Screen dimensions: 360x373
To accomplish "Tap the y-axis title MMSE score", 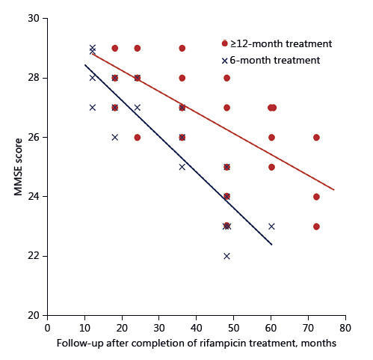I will (18, 167).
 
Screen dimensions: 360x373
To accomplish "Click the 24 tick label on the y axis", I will (34, 197).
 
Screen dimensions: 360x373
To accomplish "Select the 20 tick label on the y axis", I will (34, 316).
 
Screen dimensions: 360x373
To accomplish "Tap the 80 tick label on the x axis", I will (345, 328).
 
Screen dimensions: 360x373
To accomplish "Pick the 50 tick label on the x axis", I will (234, 328).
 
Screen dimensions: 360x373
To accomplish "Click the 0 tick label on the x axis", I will (48, 328).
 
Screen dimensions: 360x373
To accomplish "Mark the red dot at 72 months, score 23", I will (316, 226).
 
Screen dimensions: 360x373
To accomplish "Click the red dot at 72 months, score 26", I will (316, 137).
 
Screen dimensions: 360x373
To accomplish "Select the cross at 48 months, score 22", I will (226, 256).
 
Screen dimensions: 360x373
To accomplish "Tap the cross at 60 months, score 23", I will (271, 226).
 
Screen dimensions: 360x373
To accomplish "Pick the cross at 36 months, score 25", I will (182, 167).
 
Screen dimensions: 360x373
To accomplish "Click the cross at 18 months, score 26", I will (114, 137).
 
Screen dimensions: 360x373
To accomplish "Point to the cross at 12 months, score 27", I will (92, 107).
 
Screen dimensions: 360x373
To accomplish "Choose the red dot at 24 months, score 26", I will (137, 137).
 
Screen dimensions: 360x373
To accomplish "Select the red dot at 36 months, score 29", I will (182, 48).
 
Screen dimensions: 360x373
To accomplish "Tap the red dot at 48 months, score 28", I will (226, 78).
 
